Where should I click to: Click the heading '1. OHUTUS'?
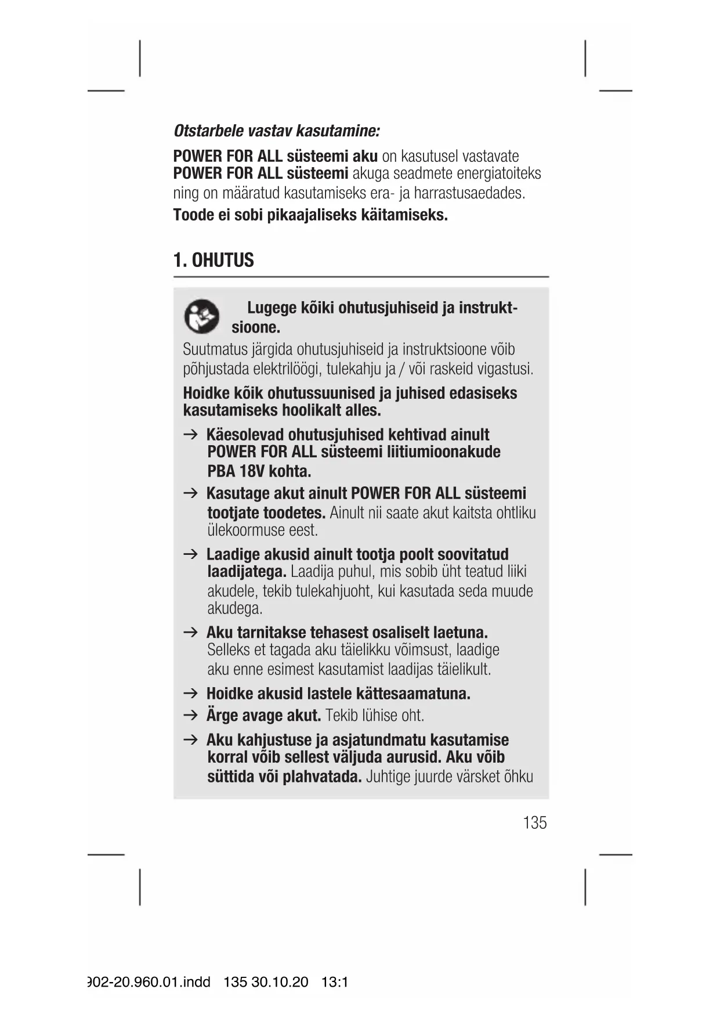click(x=214, y=260)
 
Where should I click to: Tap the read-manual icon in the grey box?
click(x=201, y=317)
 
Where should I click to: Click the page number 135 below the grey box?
click(x=534, y=822)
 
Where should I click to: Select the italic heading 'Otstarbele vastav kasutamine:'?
click(x=276, y=131)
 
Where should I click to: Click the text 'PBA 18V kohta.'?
click(x=259, y=471)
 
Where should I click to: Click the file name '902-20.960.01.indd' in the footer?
click(x=149, y=982)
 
